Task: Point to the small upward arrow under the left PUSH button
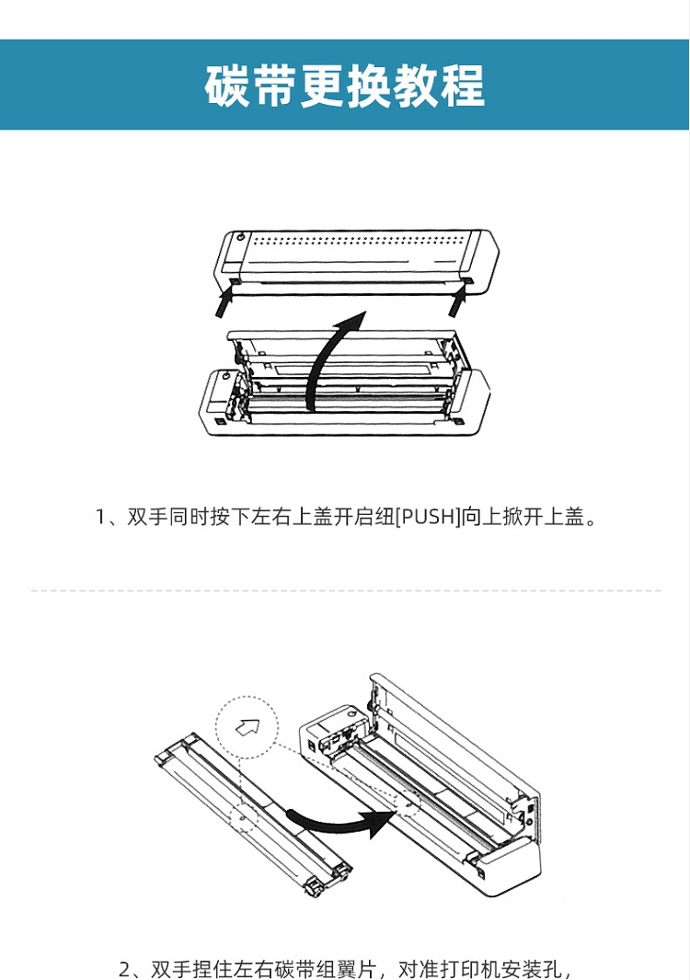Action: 224,302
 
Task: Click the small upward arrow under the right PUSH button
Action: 461,302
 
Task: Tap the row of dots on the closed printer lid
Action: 359,245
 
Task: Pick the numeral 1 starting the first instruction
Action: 102,517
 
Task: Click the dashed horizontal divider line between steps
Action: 345,590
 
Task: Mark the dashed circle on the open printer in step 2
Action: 406,801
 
